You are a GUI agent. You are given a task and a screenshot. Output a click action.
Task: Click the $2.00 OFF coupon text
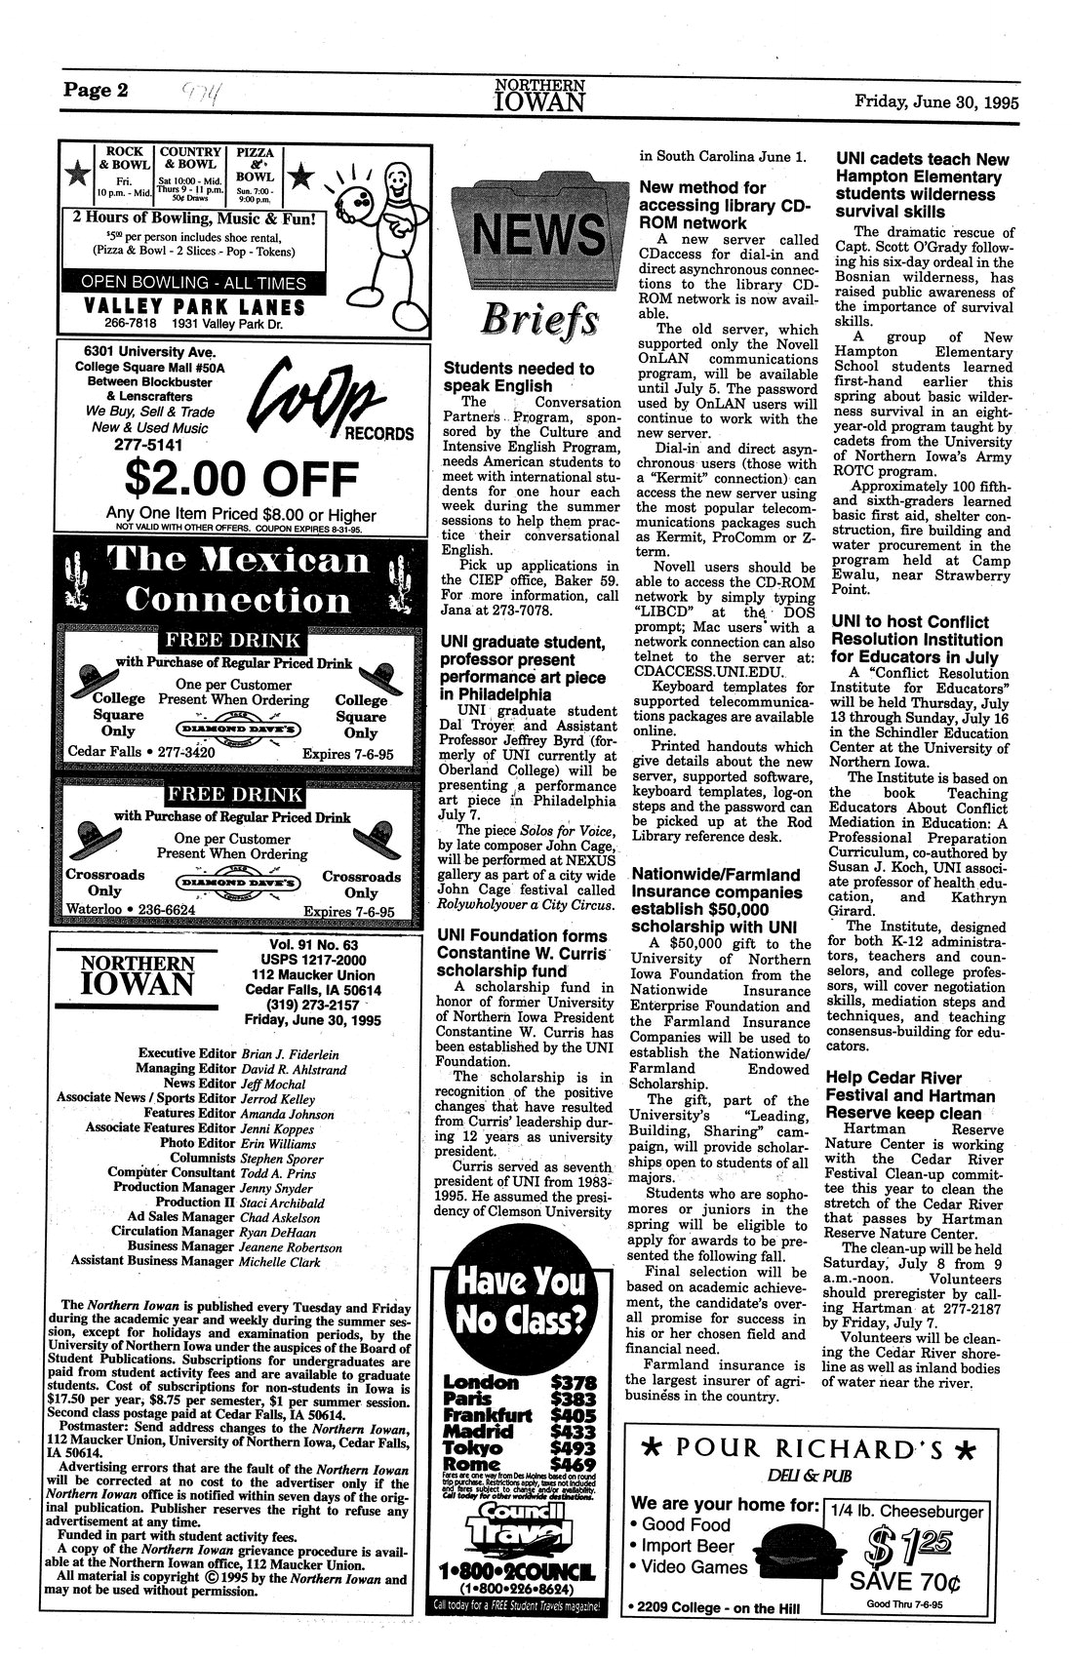(x=240, y=479)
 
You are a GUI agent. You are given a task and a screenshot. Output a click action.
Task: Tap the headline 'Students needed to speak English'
(x=519, y=377)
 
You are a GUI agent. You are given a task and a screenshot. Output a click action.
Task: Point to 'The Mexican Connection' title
(x=240, y=579)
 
